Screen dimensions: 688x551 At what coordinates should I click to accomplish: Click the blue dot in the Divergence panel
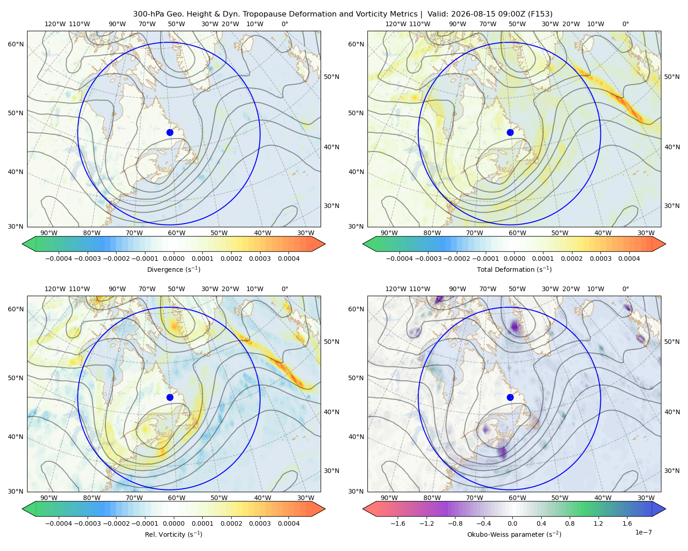coord(170,133)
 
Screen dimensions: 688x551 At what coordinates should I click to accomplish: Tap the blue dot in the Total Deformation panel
coord(510,133)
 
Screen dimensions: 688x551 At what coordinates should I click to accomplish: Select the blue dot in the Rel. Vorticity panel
coord(170,397)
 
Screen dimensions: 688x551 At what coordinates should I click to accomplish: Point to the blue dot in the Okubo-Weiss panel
coord(510,397)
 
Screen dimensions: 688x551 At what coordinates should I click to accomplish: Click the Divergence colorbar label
coord(173,270)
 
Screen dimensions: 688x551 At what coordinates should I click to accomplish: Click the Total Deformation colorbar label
coord(514,270)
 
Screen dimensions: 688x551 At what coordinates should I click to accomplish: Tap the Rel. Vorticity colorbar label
coord(173,534)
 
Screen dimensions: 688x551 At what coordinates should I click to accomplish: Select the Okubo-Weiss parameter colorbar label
coord(514,534)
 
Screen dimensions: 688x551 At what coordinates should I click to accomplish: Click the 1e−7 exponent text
coord(643,532)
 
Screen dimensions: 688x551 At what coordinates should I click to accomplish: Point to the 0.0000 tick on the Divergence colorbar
coord(173,259)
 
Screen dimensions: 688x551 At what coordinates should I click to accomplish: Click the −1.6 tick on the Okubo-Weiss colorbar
coord(398,523)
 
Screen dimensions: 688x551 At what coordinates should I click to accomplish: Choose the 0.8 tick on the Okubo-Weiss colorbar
coord(570,523)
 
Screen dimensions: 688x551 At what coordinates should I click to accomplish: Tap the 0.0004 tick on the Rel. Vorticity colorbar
coord(289,523)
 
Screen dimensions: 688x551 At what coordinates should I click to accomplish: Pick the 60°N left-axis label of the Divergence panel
coord(16,44)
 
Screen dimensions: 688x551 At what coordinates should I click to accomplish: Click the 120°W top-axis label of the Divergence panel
coord(55,24)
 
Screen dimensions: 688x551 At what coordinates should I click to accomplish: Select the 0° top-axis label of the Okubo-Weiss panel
coord(625,289)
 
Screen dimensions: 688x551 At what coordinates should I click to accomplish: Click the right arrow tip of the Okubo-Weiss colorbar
coord(666,509)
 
